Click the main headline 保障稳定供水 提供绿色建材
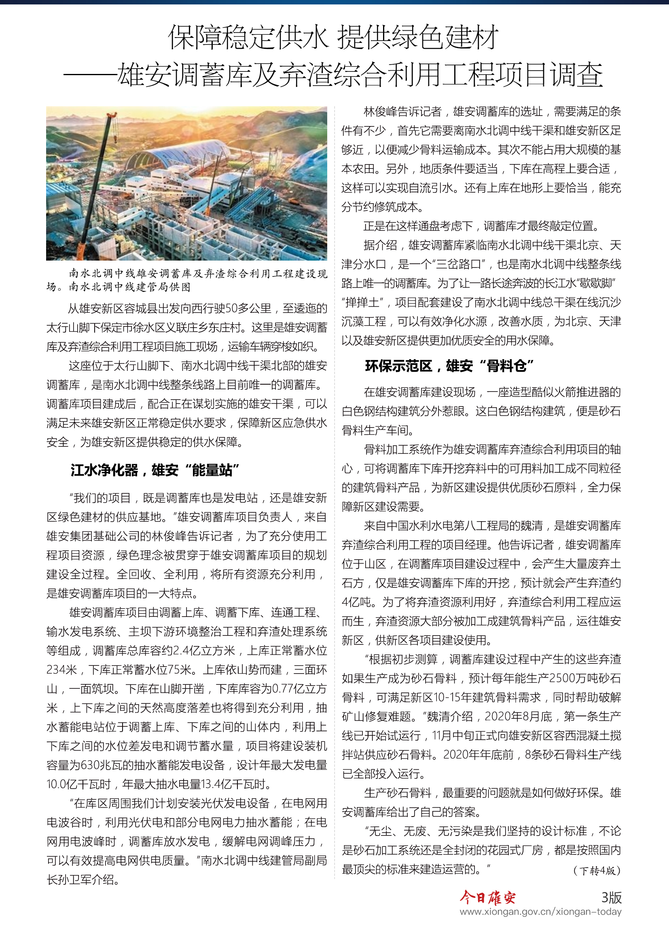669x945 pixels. click(x=333, y=37)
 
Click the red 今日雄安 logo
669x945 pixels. click(x=487, y=898)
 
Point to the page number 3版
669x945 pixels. click(x=611, y=897)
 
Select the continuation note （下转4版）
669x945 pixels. click(x=597, y=871)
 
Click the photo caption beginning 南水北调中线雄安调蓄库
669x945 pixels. click(x=187, y=280)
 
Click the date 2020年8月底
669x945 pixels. click(x=518, y=717)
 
